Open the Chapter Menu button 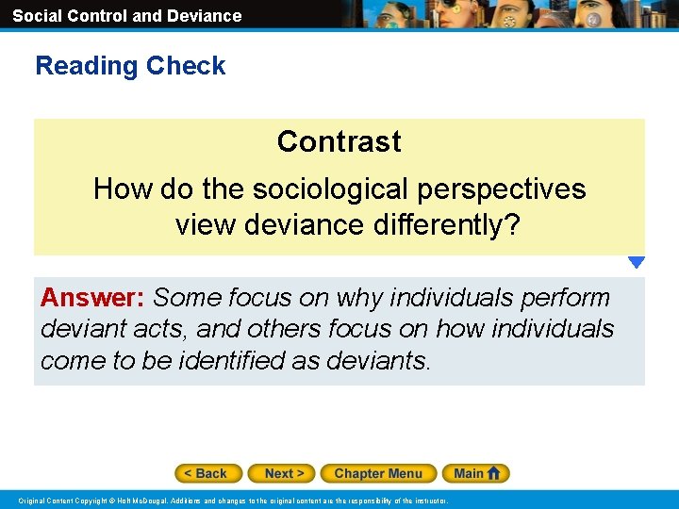pos(378,473)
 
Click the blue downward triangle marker pos(637,263)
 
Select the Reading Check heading pos(130,66)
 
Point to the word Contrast pos(339,141)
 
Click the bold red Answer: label pos(91,298)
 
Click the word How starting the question pos(124,189)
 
